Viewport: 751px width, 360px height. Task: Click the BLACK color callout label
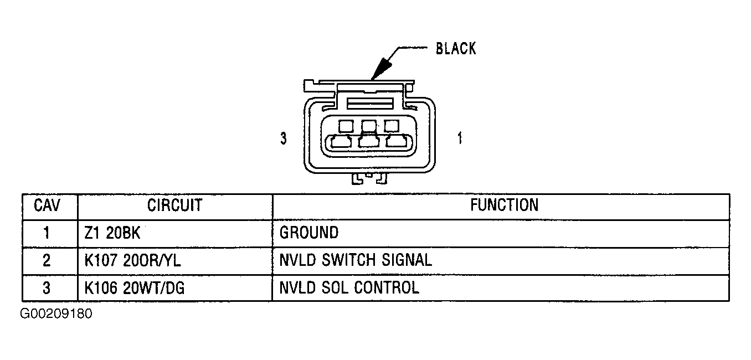[455, 49]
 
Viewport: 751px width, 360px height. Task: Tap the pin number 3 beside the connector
[284, 138]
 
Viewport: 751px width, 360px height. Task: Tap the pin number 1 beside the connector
[459, 138]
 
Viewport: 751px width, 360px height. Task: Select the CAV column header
[47, 205]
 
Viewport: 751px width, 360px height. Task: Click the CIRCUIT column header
[174, 205]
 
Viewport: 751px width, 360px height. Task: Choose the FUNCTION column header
[504, 205]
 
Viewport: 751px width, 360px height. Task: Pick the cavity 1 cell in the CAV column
[47, 233]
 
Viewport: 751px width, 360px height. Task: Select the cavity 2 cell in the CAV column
[47, 260]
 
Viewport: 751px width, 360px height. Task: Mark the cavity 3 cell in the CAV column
[47, 287]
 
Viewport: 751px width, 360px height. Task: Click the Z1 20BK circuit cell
[112, 233]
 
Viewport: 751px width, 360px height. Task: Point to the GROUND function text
[309, 233]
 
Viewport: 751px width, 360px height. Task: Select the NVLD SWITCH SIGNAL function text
[356, 260]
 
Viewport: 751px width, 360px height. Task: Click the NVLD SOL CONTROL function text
[349, 287]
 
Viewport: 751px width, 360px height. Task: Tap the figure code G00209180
[56, 314]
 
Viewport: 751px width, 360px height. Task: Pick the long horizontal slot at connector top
[369, 103]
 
